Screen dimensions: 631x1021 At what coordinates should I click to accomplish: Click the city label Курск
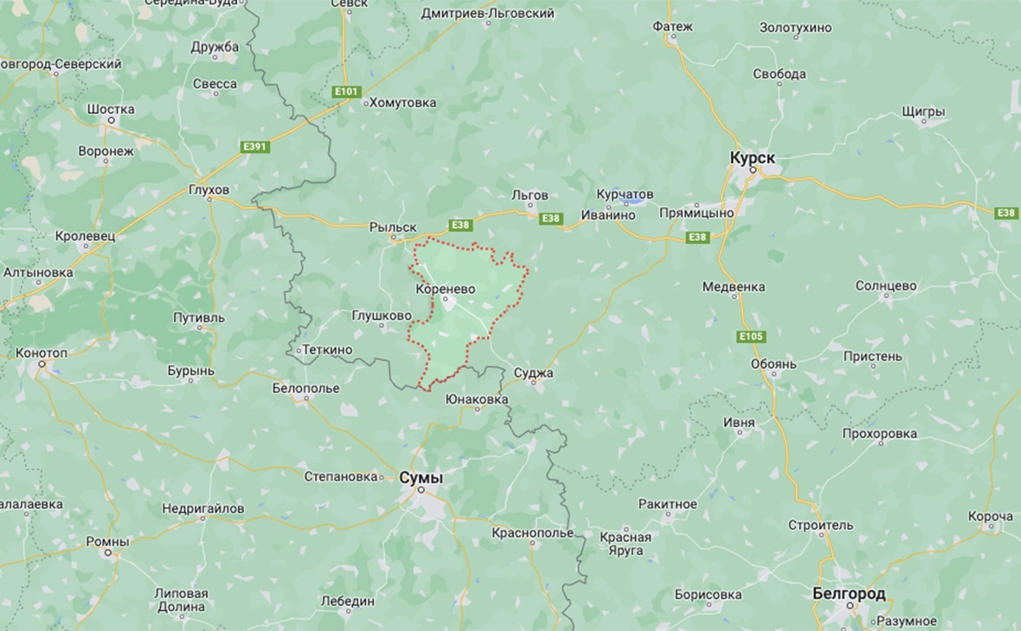(752, 158)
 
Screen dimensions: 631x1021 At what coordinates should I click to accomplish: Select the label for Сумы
(421, 477)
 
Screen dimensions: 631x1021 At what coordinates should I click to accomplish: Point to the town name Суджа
(533, 373)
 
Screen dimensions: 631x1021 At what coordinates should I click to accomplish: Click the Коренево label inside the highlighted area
(445, 289)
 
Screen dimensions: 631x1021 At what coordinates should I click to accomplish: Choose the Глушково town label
(382, 315)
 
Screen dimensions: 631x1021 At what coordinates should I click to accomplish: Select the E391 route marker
(255, 147)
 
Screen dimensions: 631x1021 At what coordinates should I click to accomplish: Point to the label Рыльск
(393, 226)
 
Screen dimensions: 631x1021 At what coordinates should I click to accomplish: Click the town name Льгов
(530, 195)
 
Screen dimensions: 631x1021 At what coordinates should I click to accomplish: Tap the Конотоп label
(42, 353)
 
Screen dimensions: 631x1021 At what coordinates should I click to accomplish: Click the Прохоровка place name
(879, 432)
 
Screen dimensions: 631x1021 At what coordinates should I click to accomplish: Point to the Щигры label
(923, 112)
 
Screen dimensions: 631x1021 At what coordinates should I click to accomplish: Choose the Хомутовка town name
(402, 103)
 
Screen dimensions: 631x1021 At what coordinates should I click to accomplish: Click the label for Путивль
(198, 317)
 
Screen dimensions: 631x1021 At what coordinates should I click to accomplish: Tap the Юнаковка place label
(476, 399)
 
